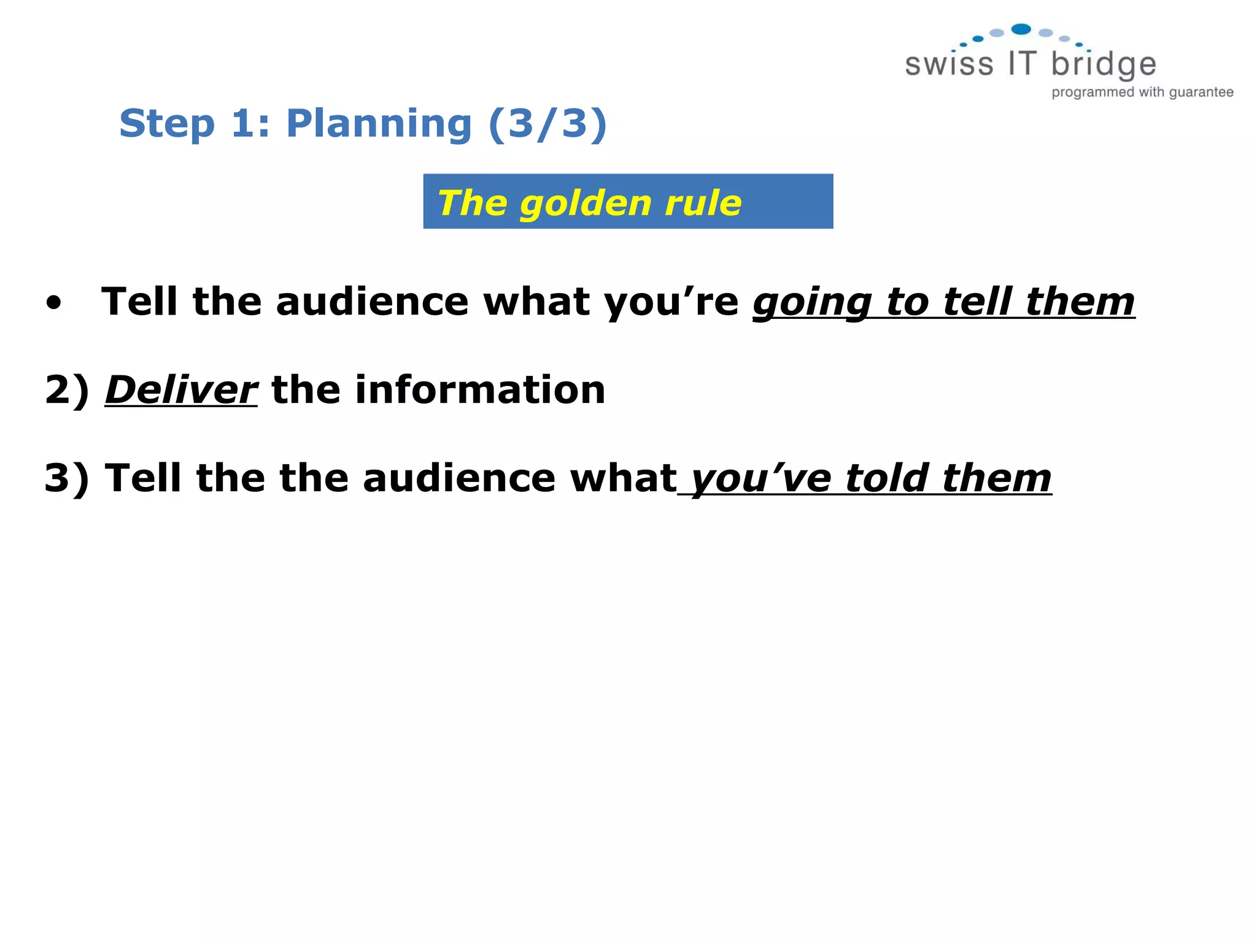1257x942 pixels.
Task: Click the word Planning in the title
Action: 378,124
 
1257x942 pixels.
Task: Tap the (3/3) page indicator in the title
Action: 547,124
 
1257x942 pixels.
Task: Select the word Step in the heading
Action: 167,124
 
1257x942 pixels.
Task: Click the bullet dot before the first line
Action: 54,303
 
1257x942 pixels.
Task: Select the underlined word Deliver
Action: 181,390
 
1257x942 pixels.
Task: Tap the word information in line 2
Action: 480,390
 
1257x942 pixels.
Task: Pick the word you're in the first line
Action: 671,303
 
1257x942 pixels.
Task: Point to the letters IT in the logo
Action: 1022,64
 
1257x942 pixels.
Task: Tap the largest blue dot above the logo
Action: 1021,29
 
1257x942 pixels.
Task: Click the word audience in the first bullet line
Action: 372,302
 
